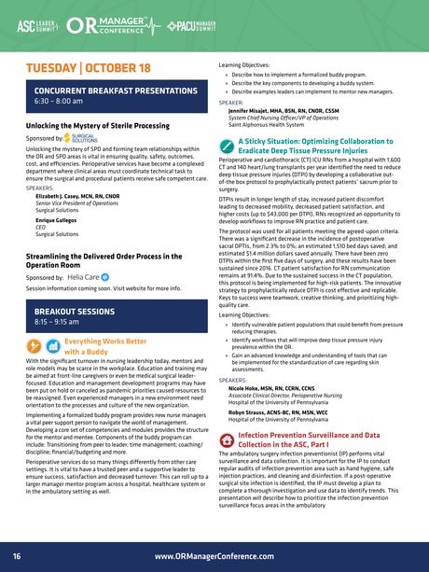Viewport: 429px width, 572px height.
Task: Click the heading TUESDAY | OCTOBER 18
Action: coord(87,68)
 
